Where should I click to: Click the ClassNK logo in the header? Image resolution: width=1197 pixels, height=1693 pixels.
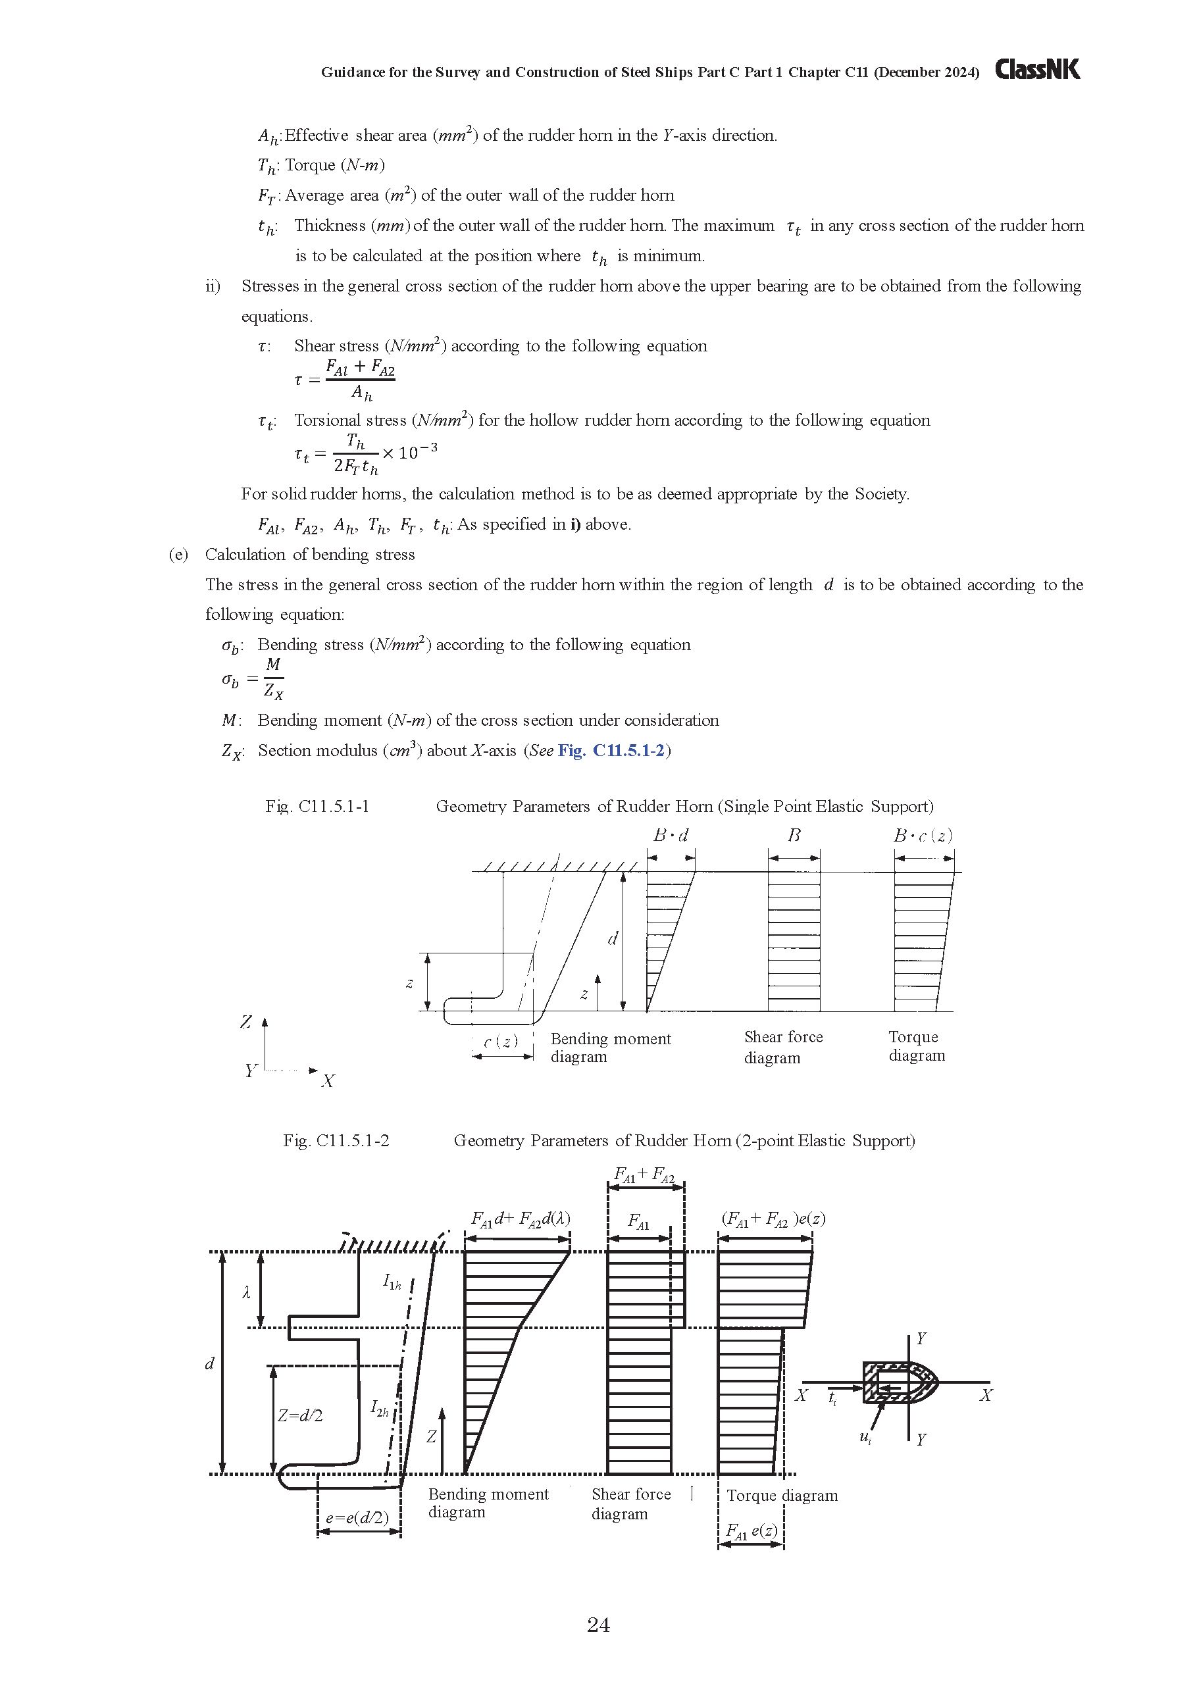(1037, 69)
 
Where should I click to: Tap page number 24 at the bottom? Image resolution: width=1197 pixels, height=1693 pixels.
(598, 1625)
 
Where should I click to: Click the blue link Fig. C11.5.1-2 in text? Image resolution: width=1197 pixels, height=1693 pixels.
(611, 751)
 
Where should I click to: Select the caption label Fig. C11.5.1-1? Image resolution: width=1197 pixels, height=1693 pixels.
(317, 806)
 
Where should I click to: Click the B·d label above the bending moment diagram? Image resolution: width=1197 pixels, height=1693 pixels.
(671, 836)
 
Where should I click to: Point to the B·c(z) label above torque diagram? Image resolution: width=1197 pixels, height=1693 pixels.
(923, 836)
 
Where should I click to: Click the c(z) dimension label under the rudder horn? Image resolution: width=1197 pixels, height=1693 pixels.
(501, 1041)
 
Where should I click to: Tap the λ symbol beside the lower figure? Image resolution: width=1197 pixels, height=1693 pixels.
(246, 1292)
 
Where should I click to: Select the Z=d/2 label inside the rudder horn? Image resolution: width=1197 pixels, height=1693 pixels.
(299, 1416)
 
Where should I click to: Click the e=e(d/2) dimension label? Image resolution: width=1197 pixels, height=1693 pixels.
(358, 1517)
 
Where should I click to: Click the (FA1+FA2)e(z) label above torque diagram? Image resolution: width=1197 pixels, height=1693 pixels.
(773, 1219)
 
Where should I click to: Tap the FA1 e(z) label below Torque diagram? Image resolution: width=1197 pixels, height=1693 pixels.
(751, 1530)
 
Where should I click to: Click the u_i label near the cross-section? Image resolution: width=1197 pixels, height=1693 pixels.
(866, 1436)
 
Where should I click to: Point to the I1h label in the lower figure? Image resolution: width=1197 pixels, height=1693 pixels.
(392, 1282)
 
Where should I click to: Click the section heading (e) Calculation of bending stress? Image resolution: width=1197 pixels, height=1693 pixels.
(292, 555)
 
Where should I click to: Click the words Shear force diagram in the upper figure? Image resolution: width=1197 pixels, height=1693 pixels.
(782, 1046)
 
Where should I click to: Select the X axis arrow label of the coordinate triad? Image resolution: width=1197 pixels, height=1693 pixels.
(328, 1081)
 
